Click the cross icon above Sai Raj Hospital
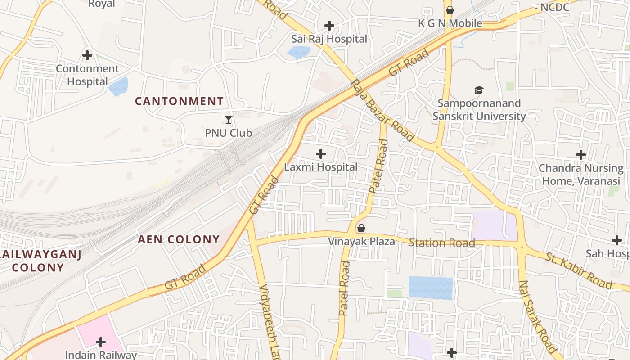[329, 26]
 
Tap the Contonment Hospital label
[87, 75]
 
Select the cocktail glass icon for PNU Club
[229, 120]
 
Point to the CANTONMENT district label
[180, 101]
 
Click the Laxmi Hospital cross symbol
[321, 154]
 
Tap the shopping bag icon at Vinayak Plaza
[361, 228]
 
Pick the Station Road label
[441, 243]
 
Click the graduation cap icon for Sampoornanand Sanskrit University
[479, 90]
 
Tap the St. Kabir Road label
[579, 270]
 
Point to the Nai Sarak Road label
[538, 317]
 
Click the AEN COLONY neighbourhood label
[179, 239]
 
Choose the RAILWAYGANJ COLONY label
[40, 261]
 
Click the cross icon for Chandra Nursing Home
[581, 155]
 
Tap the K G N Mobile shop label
[450, 23]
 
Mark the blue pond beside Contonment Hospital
[119, 86]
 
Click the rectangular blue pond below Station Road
[430, 288]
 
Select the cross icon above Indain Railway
[101, 342]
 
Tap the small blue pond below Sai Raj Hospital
[299, 53]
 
